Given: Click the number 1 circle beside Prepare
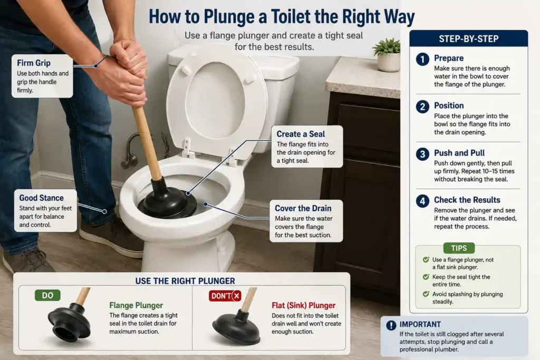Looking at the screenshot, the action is tap(422, 59).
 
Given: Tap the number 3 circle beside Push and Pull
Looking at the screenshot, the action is tap(422, 154).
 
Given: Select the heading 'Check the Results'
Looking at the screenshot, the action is tap(467, 200).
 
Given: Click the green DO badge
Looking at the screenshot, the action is tap(47, 295).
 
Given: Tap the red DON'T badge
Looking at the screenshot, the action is tap(225, 296).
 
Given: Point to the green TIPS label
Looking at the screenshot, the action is tap(459, 248).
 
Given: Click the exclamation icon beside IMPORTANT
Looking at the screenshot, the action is tap(391, 325).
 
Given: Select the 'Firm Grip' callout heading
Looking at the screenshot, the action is tap(34, 63).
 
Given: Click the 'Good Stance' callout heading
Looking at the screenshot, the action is tap(41, 198).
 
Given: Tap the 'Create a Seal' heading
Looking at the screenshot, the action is tap(301, 134).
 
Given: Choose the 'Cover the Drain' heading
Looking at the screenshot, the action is tap(303, 208).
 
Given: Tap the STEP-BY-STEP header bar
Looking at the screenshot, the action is tap(468, 38).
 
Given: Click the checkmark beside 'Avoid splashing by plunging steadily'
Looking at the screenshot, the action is tap(426, 294).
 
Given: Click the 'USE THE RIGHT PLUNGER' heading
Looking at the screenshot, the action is tap(185, 281).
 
